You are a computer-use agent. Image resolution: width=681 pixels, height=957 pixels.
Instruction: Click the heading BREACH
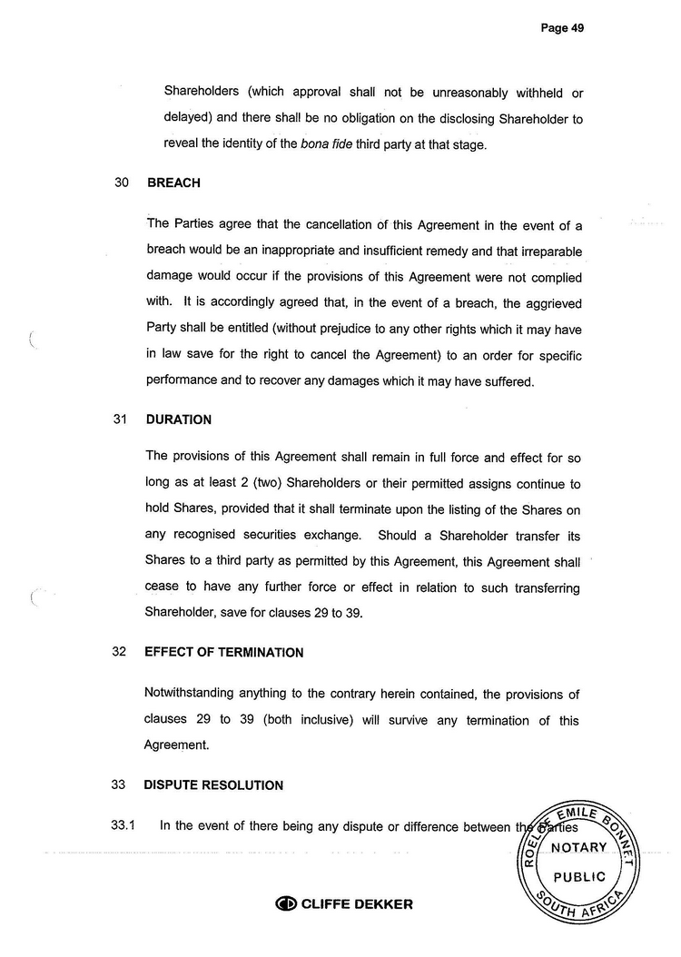coord(173,183)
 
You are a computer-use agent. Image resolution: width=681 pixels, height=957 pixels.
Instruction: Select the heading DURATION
coord(178,420)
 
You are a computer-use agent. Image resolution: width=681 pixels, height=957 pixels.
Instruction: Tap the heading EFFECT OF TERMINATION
coord(224,653)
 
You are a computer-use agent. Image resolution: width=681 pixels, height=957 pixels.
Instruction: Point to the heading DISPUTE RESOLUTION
coord(214,785)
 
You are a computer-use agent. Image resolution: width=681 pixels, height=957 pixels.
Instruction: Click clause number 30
coord(122,183)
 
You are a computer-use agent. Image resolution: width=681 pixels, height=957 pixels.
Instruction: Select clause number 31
coord(121,420)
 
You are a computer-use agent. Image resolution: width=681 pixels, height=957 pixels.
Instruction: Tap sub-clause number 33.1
coord(123,826)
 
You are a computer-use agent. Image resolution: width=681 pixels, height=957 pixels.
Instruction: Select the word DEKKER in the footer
coord(381,904)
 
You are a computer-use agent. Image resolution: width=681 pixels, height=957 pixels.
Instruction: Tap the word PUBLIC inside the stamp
coord(579,877)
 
